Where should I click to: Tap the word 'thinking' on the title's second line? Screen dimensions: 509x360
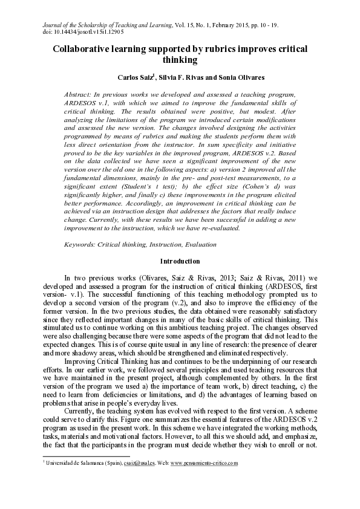180,60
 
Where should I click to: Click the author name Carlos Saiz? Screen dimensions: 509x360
139,78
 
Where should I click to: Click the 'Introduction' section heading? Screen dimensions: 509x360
180,261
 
